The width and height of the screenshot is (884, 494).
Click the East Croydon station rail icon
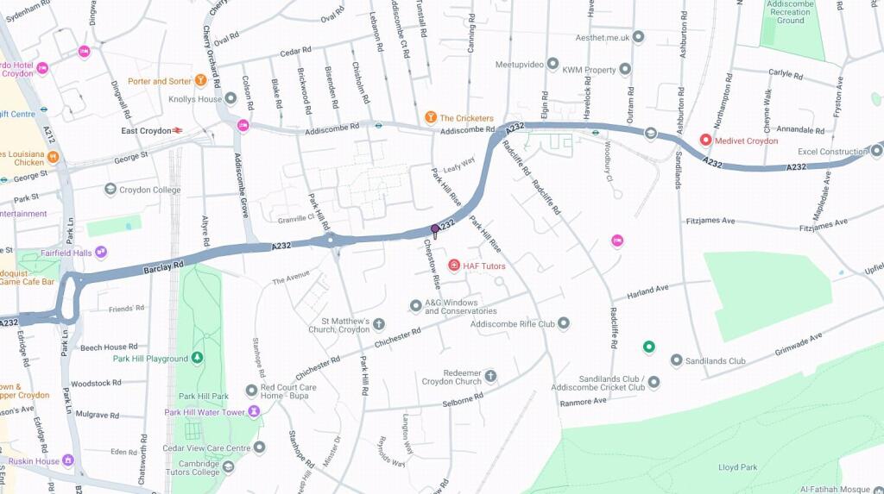[x=178, y=131]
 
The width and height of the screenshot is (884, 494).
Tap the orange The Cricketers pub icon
[x=430, y=117]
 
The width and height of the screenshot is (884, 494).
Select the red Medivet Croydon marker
[x=705, y=140]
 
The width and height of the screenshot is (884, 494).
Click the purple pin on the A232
[x=435, y=229]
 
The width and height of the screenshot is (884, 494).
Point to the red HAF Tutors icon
[x=454, y=265]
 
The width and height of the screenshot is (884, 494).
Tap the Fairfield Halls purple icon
[x=101, y=252]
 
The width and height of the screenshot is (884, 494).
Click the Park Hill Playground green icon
[x=198, y=358]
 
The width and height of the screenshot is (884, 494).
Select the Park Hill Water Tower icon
[x=254, y=411]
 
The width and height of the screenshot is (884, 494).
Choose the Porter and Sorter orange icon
[x=201, y=81]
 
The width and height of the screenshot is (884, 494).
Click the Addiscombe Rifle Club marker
[x=564, y=323]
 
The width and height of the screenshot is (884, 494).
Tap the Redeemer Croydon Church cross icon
[x=490, y=376]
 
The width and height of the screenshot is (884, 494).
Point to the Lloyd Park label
[x=737, y=467]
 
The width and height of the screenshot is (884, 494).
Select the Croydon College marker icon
[x=110, y=189]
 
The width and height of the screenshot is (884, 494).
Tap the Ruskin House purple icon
[x=68, y=460]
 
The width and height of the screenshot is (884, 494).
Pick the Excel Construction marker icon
[x=877, y=151]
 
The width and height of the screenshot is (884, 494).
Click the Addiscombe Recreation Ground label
[x=790, y=12]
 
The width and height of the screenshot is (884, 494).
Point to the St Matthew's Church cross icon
[x=379, y=323]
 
